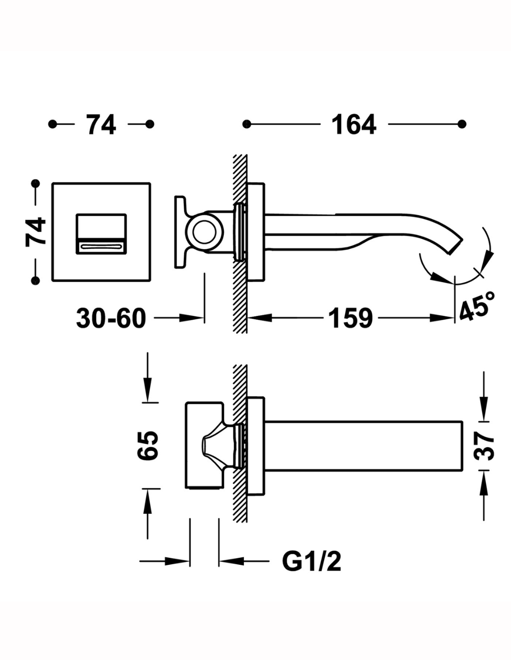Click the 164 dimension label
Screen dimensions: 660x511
[354, 124]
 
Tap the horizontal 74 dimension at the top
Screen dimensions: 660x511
[101, 124]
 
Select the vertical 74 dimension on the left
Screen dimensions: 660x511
[36, 231]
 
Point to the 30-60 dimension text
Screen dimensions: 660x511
[111, 318]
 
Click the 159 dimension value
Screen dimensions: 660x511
[351, 318]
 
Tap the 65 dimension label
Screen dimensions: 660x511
[148, 446]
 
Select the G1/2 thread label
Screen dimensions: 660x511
[312, 562]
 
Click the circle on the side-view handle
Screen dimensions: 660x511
[204, 233]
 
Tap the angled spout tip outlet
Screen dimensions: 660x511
[455, 246]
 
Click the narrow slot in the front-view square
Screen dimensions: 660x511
[101, 247]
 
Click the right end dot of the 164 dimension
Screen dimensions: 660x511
[462, 124]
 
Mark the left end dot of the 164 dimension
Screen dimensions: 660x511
[247, 124]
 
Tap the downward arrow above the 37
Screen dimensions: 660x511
[484, 411]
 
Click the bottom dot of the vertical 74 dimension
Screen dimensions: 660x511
[36, 280]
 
